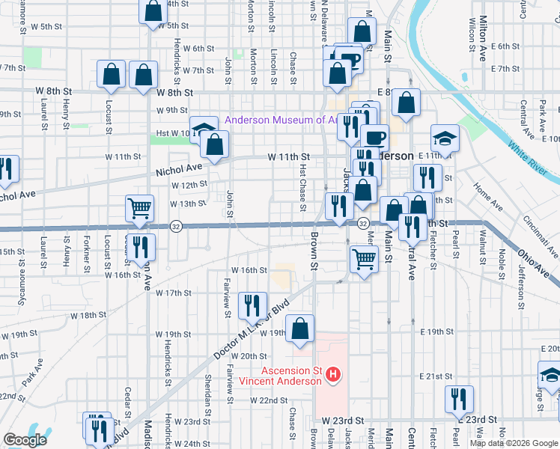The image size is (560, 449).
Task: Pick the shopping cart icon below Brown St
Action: (364, 259)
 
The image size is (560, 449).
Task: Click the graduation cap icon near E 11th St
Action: (444, 138)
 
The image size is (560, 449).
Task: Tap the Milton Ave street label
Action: (484, 30)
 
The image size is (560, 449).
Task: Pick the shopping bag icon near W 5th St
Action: (153, 10)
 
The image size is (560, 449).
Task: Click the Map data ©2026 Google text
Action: (513, 443)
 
